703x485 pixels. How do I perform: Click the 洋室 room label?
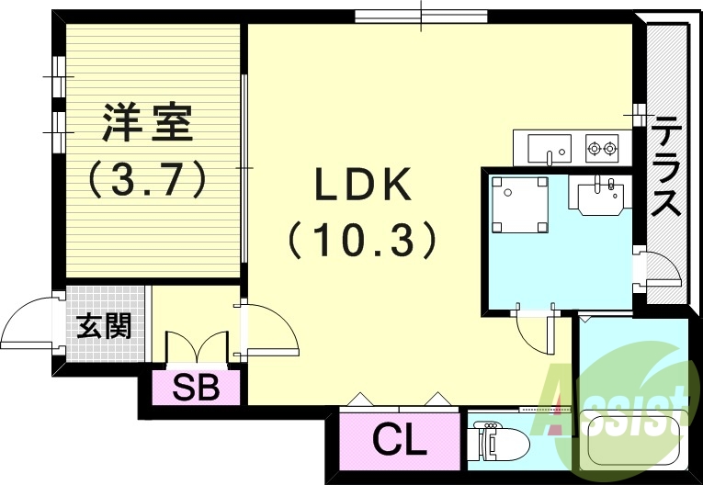pyautogui.click(x=147, y=123)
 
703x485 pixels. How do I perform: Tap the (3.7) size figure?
pyautogui.click(x=147, y=178)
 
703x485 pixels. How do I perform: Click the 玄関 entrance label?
pyautogui.click(x=103, y=325)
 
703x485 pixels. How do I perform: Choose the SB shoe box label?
pyautogui.click(x=196, y=389)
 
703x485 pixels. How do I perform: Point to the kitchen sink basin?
pyautogui.click(x=549, y=147)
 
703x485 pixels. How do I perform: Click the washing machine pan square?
pyautogui.click(x=519, y=204)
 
